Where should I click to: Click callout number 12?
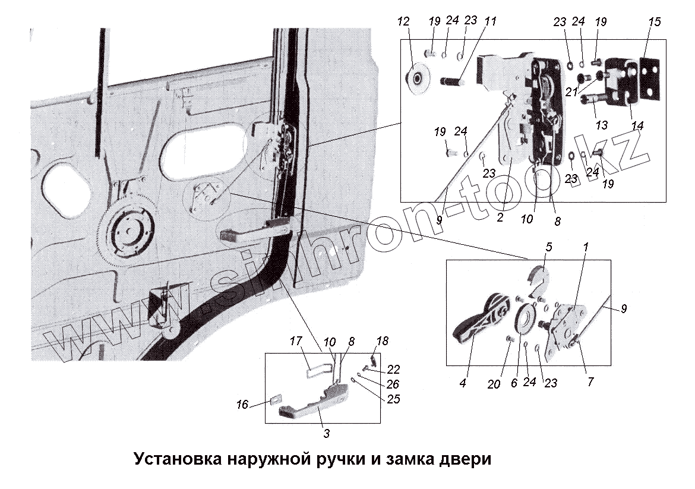404,23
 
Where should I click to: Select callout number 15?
655,23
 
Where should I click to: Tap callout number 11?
490,21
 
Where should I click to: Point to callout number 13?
602,125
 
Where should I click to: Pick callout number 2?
500,217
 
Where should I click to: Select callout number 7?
590,381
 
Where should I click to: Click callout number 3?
326,433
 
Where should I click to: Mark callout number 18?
382,341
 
